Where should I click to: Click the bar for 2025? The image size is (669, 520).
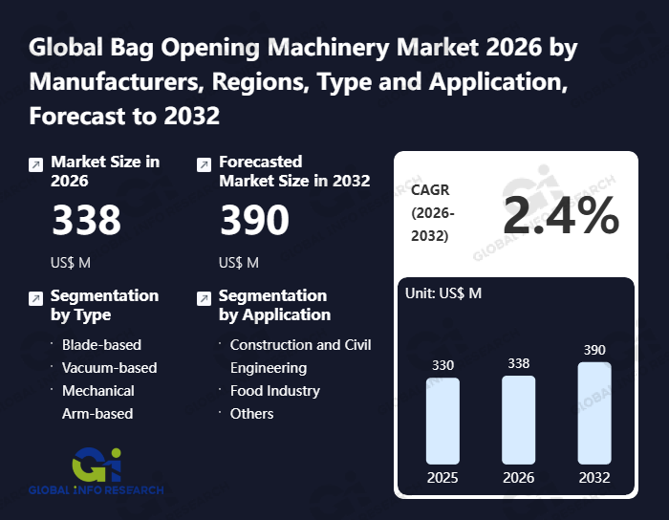(442, 421)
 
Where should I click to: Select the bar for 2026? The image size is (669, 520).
(518, 420)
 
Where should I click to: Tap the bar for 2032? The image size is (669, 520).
(593, 413)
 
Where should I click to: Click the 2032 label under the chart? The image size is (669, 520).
(593, 477)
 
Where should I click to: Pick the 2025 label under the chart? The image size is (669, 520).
(442, 477)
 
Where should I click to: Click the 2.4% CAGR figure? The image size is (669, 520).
(560, 216)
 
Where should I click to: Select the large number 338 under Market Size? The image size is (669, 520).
(86, 221)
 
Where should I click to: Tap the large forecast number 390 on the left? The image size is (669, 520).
(254, 221)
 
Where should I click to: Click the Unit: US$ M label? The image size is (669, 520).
(444, 292)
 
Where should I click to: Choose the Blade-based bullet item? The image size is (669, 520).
(101, 345)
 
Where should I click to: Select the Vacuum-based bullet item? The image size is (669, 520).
(109, 368)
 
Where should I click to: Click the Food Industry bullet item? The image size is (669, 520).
(274, 391)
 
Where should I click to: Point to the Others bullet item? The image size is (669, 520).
(251, 414)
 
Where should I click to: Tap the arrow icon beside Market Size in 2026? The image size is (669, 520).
(35, 164)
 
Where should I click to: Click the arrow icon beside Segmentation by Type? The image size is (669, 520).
(35, 298)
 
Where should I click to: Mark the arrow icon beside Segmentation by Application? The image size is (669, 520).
(203, 298)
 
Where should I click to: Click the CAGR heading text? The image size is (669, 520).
(430, 190)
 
